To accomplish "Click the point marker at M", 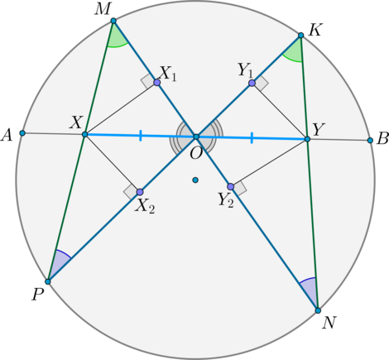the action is click(x=113, y=21).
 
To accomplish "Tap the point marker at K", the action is click(x=301, y=36).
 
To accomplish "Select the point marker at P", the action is click(x=48, y=281).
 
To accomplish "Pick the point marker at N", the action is click(x=318, y=310).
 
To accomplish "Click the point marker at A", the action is click(x=22, y=133).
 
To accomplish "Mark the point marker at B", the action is click(x=370, y=141).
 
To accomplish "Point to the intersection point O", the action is click(x=196, y=137).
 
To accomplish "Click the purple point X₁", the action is click(x=157, y=83).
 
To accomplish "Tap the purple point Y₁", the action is click(x=252, y=83).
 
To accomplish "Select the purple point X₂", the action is click(x=140, y=192).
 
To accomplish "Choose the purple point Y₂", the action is click(x=231, y=187).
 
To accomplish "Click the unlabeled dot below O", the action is click(x=195, y=180).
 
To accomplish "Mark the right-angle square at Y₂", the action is click(x=239, y=188).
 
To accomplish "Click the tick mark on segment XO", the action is click(x=141, y=136).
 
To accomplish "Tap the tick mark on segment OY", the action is click(x=252, y=138).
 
